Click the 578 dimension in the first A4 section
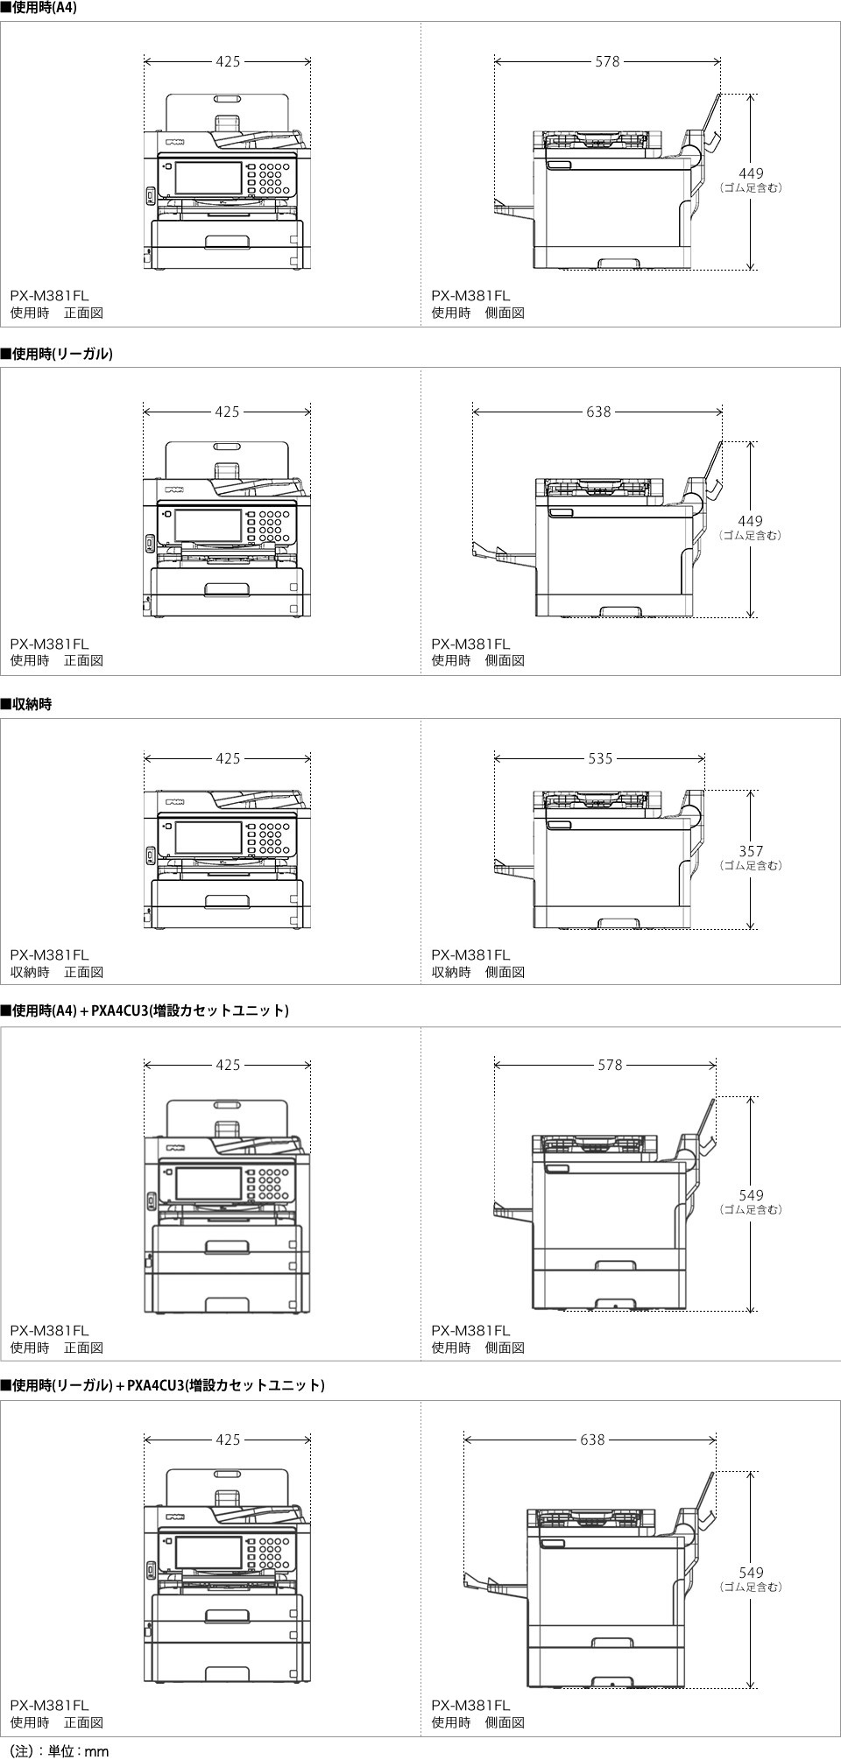coord(607,61)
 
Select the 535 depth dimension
coord(600,758)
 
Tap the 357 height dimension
coord(751,851)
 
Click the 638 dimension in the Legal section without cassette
coord(598,412)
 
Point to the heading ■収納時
coord(26,704)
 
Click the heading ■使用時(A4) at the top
coord(39,7)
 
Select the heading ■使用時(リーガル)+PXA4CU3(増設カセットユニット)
coord(163,1385)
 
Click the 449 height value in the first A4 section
coord(751,173)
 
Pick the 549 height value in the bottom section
coord(751,1573)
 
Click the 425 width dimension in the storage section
coord(228,758)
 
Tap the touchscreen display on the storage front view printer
coord(208,837)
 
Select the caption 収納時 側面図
coord(477,972)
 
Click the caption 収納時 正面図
coord(57,972)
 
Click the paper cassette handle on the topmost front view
coord(227,242)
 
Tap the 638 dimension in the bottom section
coord(592,1440)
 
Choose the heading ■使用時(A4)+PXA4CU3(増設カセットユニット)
coord(145,1010)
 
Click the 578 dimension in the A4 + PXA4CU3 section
coord(610,1065)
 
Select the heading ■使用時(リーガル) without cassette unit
coord(57,354)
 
